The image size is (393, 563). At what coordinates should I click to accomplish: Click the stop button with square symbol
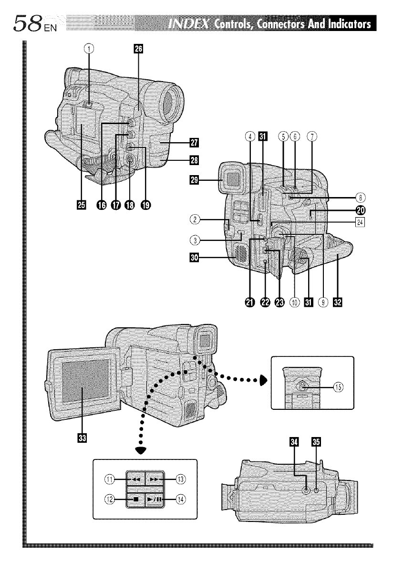coord(136,500)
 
